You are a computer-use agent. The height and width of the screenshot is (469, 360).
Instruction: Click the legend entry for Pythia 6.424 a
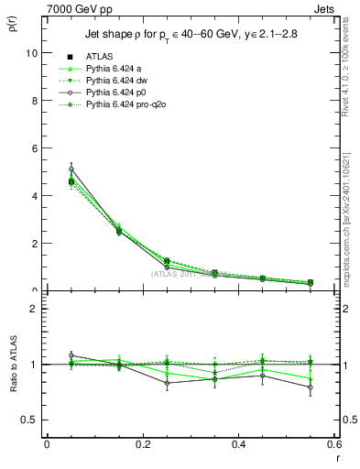105,69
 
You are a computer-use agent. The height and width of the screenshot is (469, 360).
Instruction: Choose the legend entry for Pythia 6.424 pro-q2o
114,102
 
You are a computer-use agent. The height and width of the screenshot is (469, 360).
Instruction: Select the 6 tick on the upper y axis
34,147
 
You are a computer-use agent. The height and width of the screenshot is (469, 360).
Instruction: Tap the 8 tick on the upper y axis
34,100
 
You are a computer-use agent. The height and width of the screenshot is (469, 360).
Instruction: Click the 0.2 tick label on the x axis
142,444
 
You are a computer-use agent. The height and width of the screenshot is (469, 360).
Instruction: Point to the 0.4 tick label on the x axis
238,444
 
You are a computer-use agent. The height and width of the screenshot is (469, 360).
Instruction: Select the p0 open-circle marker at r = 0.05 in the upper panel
71,169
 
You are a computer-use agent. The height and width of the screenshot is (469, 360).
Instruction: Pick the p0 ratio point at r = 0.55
310,387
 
